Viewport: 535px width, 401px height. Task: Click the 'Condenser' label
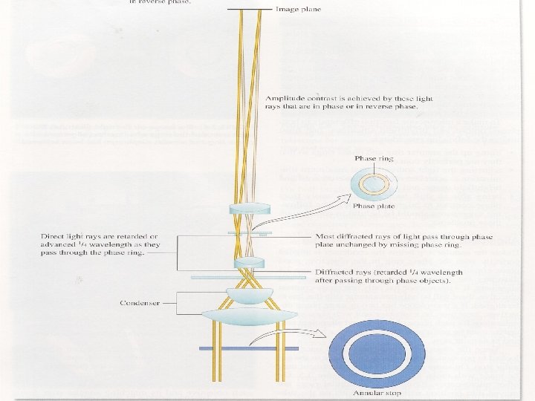point(140,303)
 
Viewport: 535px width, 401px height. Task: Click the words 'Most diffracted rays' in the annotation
point(346,238)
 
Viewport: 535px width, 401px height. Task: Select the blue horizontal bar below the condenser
point(248,348)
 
